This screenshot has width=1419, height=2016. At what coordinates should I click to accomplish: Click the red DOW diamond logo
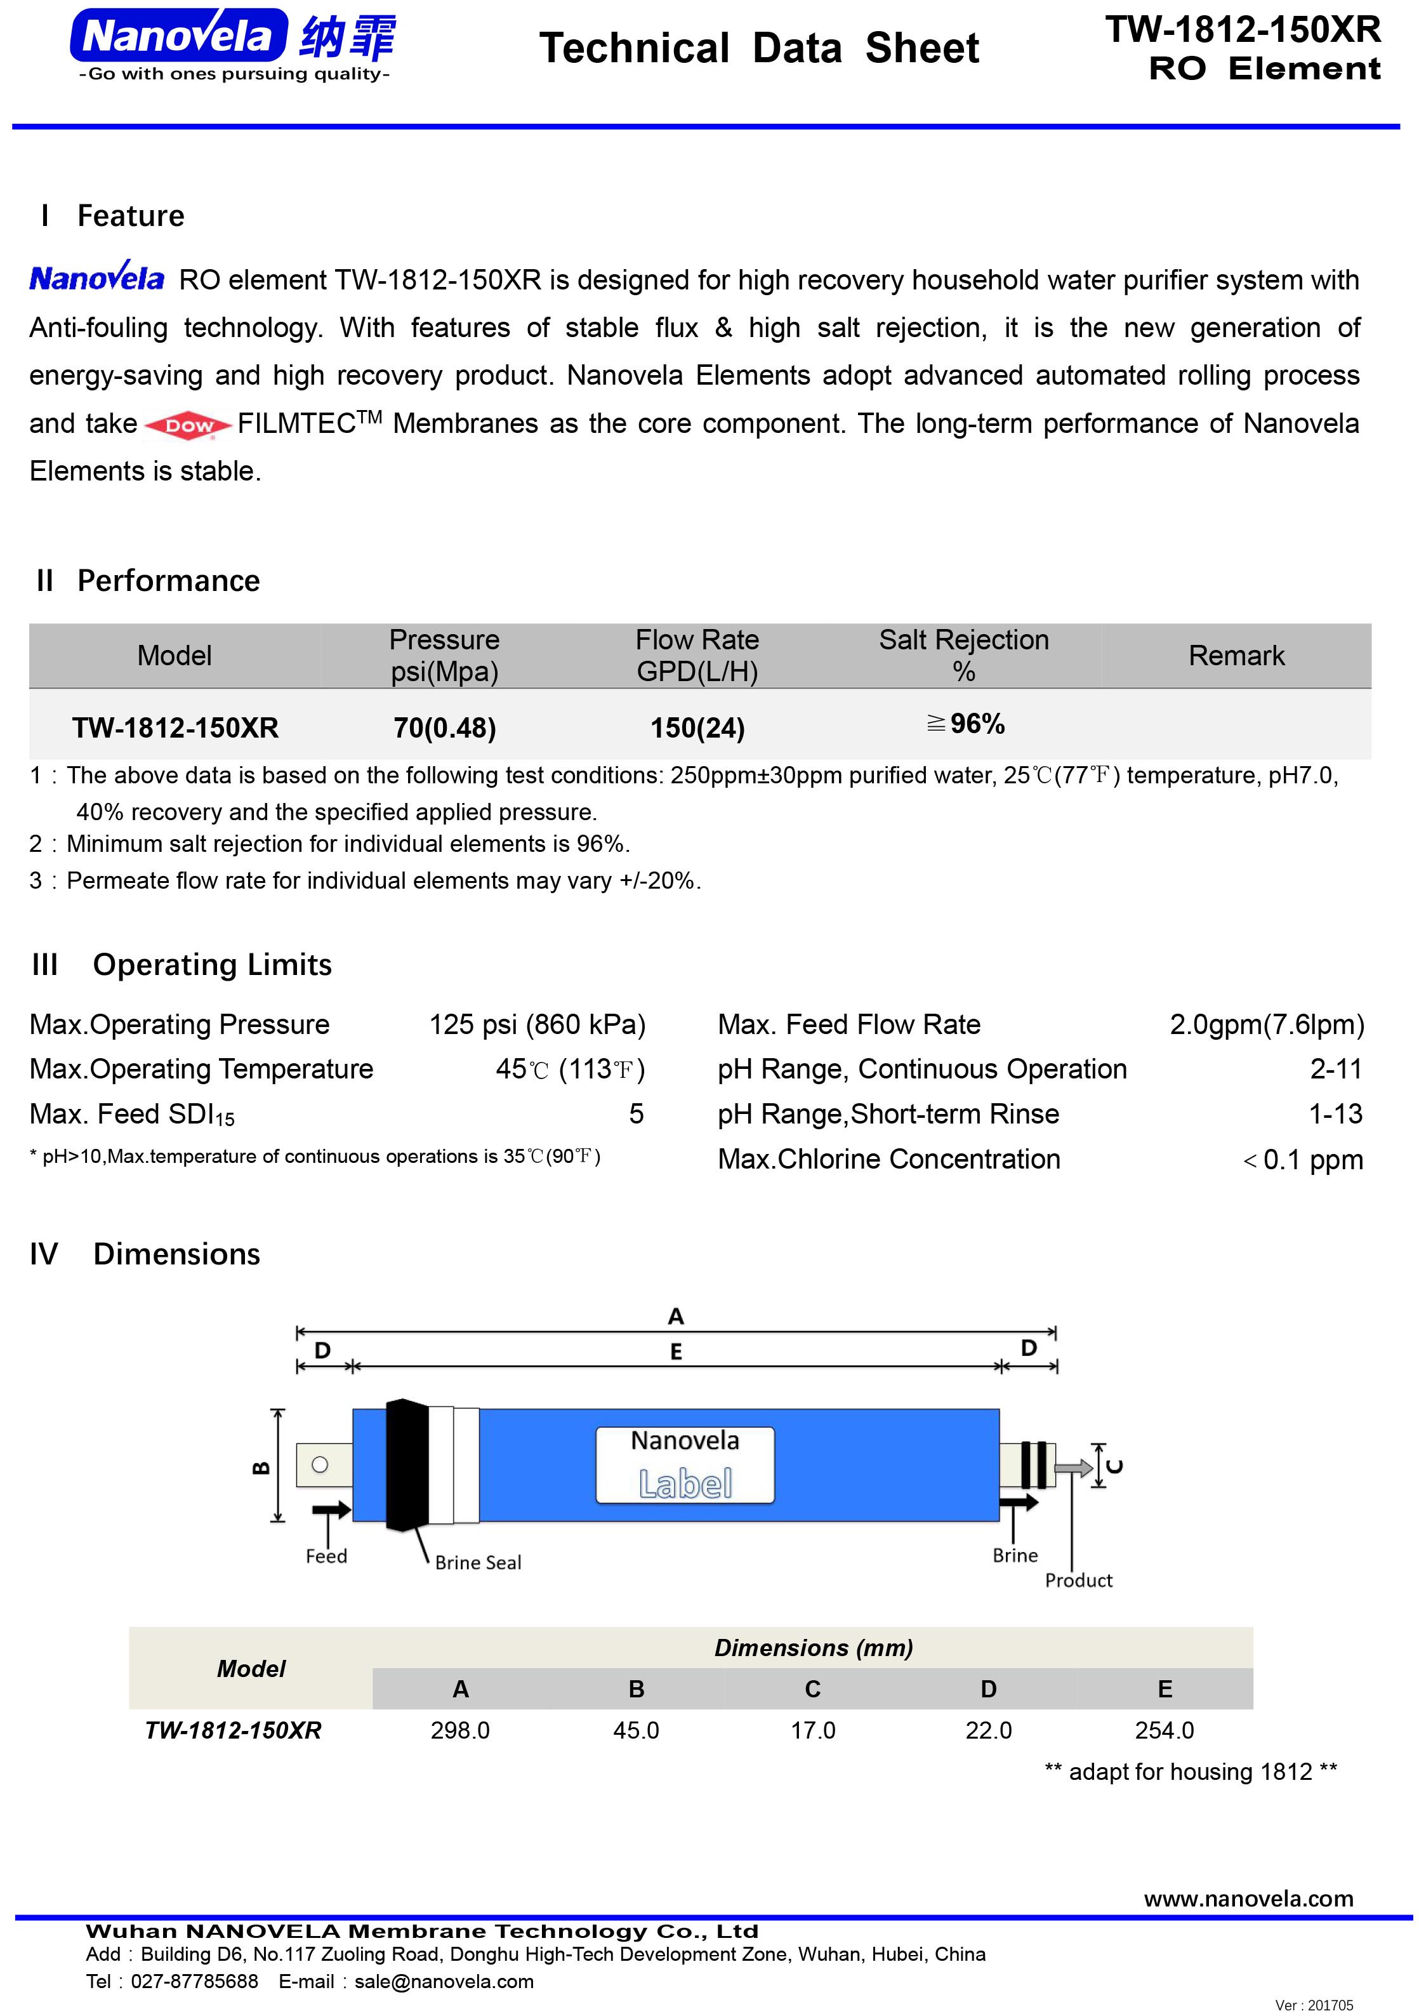point(188,426)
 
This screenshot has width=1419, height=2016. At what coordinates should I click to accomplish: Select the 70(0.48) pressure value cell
point(444,728)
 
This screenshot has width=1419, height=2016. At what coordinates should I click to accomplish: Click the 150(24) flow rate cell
point(697,728)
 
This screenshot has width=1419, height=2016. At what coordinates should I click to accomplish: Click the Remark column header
point(1236,656)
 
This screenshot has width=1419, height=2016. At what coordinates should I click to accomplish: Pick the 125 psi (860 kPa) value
point(536,1025)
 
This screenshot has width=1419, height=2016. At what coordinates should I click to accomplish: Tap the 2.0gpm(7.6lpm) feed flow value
point(1266,1025)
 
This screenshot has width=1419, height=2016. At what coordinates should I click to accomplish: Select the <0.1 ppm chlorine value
point(1302,1160)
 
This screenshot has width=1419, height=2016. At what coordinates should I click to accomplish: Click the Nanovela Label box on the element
point(685,1464)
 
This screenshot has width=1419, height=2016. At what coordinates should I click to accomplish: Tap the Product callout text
point(1078,1581)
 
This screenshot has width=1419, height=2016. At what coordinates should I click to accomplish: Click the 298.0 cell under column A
point(460,1730)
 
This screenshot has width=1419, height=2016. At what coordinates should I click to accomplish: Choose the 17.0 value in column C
point(813,1730)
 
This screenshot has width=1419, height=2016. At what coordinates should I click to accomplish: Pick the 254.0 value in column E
point(1165,1730)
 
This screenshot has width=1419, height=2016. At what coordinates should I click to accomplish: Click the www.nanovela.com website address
point(1248,1899)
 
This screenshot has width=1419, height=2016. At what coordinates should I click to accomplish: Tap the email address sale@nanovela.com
point(444,1982)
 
